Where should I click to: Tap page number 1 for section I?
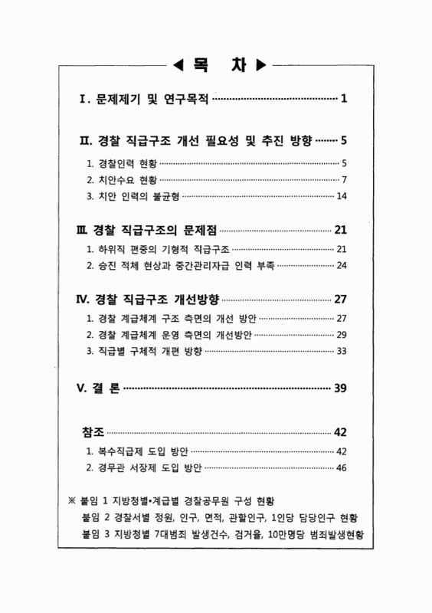345,99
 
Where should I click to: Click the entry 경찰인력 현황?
125,163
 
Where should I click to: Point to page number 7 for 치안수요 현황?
345,180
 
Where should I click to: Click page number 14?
342,197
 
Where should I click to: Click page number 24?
342,266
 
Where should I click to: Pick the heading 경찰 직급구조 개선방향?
158,299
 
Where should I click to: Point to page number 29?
342,335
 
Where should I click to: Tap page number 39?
342,388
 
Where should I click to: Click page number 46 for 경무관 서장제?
342,467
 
